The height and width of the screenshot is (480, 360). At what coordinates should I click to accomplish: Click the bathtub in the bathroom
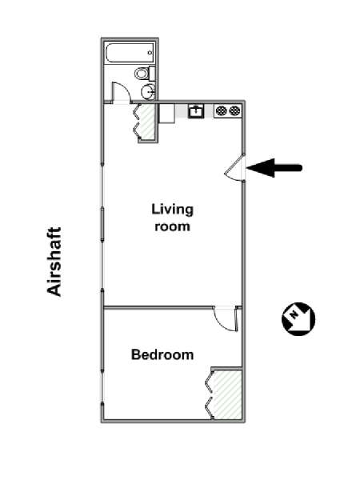pyautogui.click(x=130, y=53)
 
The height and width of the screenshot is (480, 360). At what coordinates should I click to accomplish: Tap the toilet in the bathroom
pyautogui.click(x=145, y=74)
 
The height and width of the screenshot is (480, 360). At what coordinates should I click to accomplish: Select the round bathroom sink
pyautogui.click(x=148, y=91)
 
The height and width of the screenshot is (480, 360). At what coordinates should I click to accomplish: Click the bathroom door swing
pyautogui.click(x=122, y=92)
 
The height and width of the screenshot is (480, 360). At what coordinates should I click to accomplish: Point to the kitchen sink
pyautogui.click(x=196, y=111)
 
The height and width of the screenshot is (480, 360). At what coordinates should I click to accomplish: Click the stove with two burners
pyautogui.click(x=228, y=110)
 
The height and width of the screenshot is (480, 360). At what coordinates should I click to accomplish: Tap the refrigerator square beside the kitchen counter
pyautogui.click(x=167, y=114)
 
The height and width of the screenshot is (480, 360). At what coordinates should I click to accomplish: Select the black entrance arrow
pyautogui.click(x=274, y=168)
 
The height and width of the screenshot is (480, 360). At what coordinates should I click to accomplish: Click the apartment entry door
pyautogui.click(x=234, y=167)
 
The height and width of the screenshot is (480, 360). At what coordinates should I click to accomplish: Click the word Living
pyautogui.click(x=172, y=210)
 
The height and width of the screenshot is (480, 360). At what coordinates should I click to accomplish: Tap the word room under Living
pyautogui.click(x=172, y=226)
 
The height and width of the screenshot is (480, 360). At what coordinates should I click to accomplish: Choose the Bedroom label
pyautogui.click(x=162, y=354)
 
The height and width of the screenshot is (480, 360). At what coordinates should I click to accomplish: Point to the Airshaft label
pyautogui.click(x=54, y=262)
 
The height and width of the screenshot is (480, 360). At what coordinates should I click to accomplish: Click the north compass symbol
pyautogui.click(x=298, y=319)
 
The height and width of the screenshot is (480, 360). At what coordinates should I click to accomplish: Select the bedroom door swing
pyautogui.click(x=226, y=319)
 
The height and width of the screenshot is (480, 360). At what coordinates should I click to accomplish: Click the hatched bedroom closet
pyautogui.click(x=227, y=394)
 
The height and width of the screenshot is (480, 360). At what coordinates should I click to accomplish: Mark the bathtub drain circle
pyautogui.click(x=150, y=53)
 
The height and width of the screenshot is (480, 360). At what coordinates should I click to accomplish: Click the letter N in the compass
pyautogui.click(x=294, y=314)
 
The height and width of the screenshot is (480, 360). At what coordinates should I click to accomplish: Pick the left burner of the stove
pyautogui.click(x=221, y=110)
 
